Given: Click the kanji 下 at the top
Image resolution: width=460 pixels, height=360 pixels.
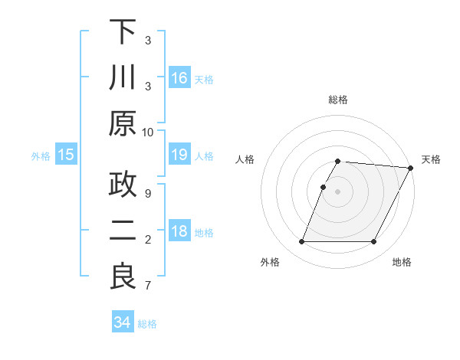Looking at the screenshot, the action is tap(123, 33).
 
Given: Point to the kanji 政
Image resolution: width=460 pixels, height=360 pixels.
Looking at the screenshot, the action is tap(123, 185).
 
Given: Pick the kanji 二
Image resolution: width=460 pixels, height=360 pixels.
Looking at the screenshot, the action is tap(123, 231).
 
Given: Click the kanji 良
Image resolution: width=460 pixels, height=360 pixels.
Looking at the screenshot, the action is tap(123, 276).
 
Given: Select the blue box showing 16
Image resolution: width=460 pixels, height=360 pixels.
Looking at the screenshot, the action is tap(179, 78).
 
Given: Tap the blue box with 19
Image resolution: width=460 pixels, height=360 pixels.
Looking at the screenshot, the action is tap(179, 155).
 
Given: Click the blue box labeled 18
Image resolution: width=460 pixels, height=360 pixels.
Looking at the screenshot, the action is tap(179, 232).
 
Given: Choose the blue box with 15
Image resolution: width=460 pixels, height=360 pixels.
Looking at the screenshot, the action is tap(66, 155).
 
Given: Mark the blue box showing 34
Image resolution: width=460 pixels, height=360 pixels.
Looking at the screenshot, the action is tap(123, 322).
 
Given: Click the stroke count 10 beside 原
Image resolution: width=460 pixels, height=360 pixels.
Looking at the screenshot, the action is tap(148, 133).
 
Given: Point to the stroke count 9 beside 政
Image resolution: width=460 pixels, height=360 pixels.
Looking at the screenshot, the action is tap(148, 193).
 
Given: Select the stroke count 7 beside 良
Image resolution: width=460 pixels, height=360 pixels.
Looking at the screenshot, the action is tap(148, 286).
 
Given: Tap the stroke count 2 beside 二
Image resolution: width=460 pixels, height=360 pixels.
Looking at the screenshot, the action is tap(148, 240).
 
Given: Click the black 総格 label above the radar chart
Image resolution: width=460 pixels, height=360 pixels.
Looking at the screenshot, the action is tap(338, 100).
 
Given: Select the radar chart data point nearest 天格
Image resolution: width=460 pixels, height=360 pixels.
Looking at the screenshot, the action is tap(411, 168).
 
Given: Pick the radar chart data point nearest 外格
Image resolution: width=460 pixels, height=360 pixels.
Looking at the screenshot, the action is tap(301, 242).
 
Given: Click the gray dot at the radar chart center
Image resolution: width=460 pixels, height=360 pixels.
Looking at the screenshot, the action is tap(338, 191).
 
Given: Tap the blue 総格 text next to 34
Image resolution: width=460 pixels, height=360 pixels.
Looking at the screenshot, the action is tap(147, 324).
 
